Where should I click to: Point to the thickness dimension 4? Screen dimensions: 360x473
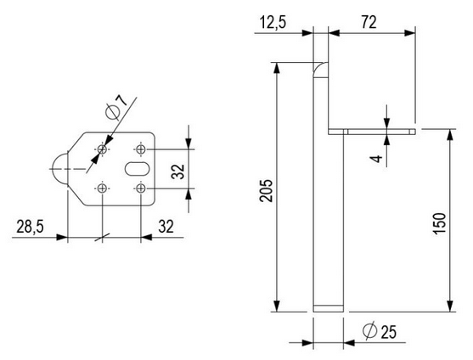click(375, 156)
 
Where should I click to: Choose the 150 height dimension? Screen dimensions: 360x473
click(436, 222)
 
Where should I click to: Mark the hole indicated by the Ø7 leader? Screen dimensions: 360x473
click(102, 150)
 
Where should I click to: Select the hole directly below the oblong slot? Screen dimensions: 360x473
click(143, 188)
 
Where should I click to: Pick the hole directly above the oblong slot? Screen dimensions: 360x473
click(142, 150)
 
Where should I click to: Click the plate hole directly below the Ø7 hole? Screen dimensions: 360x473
click(102, 188)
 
